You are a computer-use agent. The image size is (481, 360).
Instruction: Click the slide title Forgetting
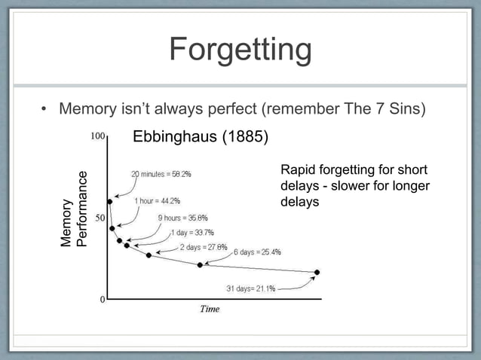(240, 50)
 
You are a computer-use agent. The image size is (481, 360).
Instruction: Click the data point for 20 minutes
(110, 202)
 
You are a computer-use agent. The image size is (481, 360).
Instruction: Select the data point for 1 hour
(112, 228)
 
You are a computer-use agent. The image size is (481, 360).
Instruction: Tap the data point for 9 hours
(119, 241)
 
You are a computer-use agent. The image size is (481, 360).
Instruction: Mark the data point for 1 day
(127, 246)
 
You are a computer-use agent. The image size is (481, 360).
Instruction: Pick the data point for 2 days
(149, 255)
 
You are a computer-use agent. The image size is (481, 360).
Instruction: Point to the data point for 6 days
(200, 265)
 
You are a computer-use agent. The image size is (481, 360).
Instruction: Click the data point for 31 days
(317, 272)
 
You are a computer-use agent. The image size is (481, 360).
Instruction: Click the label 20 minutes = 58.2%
(161, 173)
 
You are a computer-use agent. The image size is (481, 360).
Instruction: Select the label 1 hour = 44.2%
(157, 201)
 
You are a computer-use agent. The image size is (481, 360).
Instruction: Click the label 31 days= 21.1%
(250, 288)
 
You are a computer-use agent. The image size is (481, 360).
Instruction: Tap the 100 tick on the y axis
(97, 137)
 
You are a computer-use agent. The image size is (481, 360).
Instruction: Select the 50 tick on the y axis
(99, 218)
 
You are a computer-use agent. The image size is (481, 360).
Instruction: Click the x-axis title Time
(209, 309)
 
